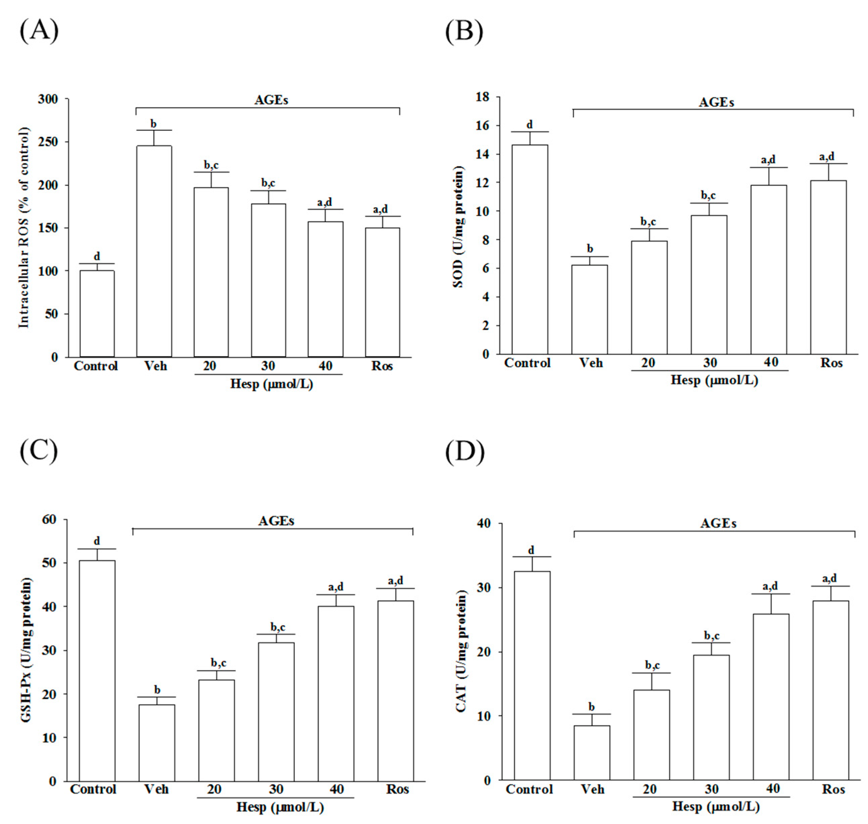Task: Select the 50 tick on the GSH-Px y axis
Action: [49, 563]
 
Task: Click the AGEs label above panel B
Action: [716, 103]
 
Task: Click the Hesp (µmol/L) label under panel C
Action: [280, 807]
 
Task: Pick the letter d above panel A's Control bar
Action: [97, 256]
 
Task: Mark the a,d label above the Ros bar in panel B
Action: [827, 156]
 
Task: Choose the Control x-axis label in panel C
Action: [93, 789]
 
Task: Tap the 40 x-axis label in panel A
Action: [325, 366]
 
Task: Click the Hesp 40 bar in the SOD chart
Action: [768, 269]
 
